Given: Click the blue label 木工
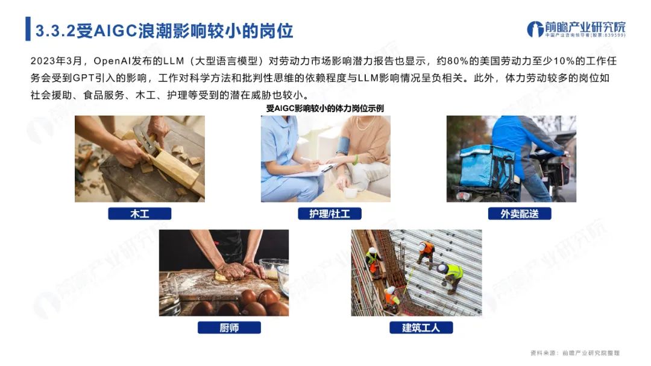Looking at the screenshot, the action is (139, 213).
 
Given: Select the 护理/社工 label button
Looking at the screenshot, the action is (330, 213).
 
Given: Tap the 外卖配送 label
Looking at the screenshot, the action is (520, 213).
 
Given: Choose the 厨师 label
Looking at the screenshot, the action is (229, 328).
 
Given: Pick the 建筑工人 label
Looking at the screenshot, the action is (421, 328).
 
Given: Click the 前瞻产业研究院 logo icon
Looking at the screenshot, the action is (535, 29).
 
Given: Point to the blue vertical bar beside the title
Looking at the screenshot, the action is (28, 29).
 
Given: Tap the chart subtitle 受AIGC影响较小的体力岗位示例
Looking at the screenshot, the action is (325, 109).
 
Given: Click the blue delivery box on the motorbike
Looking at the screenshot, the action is (486, 166).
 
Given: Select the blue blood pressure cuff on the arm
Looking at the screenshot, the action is (344, 145).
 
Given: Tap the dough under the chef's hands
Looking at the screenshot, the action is (226, 275).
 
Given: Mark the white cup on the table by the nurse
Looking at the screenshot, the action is (351, 193).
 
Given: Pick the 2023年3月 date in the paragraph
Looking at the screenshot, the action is (56, 61).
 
